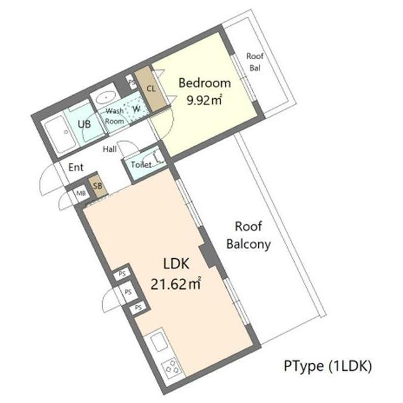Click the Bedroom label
point(205,83)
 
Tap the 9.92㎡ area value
point(204,99)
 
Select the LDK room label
point(176,264)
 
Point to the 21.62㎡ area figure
point(176,284)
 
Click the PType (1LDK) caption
point(327,366)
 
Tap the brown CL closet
point(150,89)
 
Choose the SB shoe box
point(98,186)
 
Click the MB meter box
point(81,193)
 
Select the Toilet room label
point(141,164)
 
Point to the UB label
point(84,125)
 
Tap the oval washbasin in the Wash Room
point(106,98)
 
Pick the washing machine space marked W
point(136,109)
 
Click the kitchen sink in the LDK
point(159,341)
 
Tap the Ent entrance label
point(76,167)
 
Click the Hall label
point(110,149)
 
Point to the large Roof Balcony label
point(249,235)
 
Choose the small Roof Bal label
point(255,62)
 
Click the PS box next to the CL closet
point(132,82)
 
